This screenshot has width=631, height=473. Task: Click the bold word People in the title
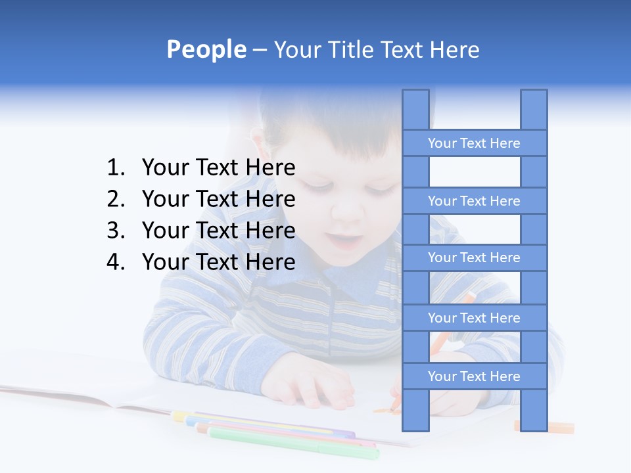click(206, 49)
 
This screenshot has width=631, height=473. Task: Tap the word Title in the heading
click(352, 50)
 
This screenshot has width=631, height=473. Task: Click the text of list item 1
click(218, 168)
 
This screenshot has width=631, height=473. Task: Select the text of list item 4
click(218, 262)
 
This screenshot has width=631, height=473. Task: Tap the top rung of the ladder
click(474, 143)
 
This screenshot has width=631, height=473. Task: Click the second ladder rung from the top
click(474, 201)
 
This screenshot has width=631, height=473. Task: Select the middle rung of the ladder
click(474, 258)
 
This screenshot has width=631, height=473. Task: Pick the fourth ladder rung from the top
click(474, 318)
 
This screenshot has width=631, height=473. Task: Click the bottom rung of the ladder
click(474, 376)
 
